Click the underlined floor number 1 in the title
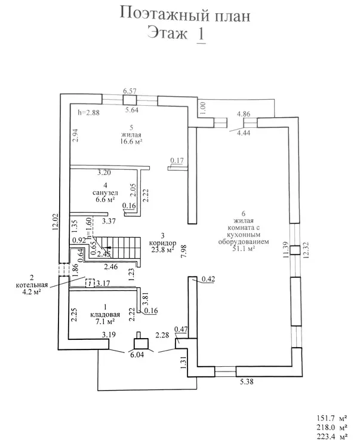(200, 33)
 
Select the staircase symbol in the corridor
(119, 244)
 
